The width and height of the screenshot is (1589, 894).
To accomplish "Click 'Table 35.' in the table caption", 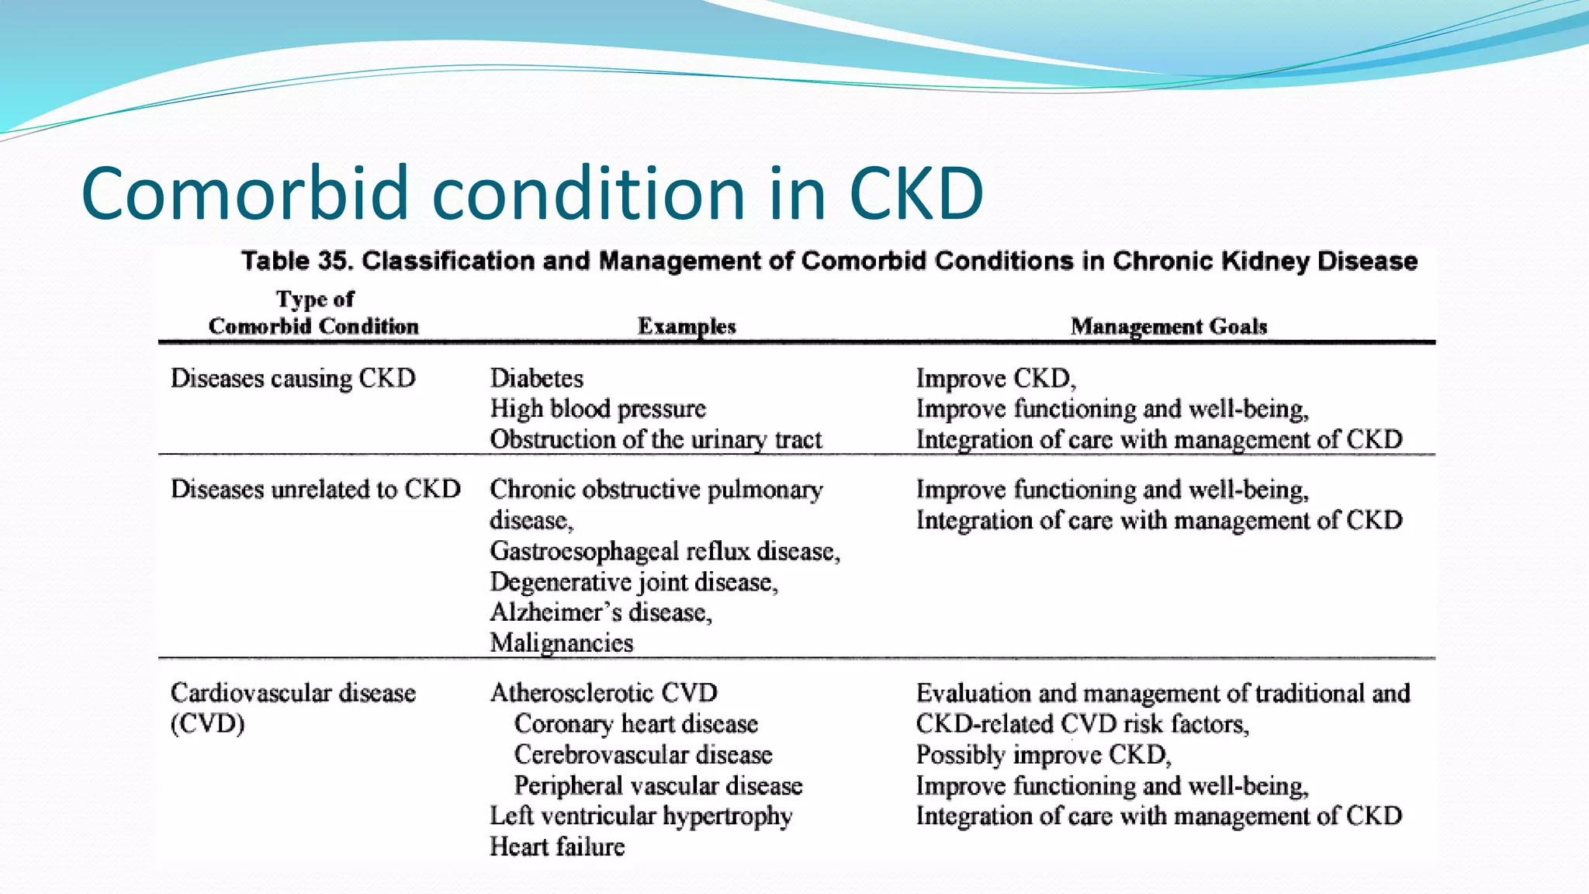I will (x=297, y=261).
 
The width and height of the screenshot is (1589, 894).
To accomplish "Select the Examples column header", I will (x=687, y=327).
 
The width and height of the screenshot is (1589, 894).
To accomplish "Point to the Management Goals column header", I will (x=1168, y=327).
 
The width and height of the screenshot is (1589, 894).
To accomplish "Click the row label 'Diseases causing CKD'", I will (x=293, y=379).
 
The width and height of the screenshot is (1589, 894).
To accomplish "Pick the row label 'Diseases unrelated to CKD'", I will (x=315, y=490).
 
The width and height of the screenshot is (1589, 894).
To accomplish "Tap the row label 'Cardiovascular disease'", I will (x=293, y=693).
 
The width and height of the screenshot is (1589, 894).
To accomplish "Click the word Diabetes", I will (x=536, y=379).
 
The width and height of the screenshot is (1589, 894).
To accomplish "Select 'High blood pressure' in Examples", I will (x=597, y=409).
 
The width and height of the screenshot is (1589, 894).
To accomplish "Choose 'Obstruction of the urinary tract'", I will (x=656, y=440).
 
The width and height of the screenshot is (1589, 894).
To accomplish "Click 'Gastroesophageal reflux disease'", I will (x=664, y=551).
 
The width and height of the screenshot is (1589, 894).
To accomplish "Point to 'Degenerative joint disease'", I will (x=633, y=582).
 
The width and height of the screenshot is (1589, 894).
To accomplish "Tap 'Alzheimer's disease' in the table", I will (x=601, y=612).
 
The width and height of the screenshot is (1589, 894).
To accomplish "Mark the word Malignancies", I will (x=561, y=643).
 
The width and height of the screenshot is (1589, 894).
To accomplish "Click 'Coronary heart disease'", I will (x=635, y=724).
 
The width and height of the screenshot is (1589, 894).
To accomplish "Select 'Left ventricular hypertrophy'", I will (x=641, y=816).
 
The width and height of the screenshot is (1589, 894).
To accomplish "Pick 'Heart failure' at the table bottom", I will (x=556, y=847).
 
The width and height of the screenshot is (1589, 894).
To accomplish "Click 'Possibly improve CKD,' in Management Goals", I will (x=1043, y=755).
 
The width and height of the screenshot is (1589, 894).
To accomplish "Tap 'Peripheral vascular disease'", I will (x=658, y=786).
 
